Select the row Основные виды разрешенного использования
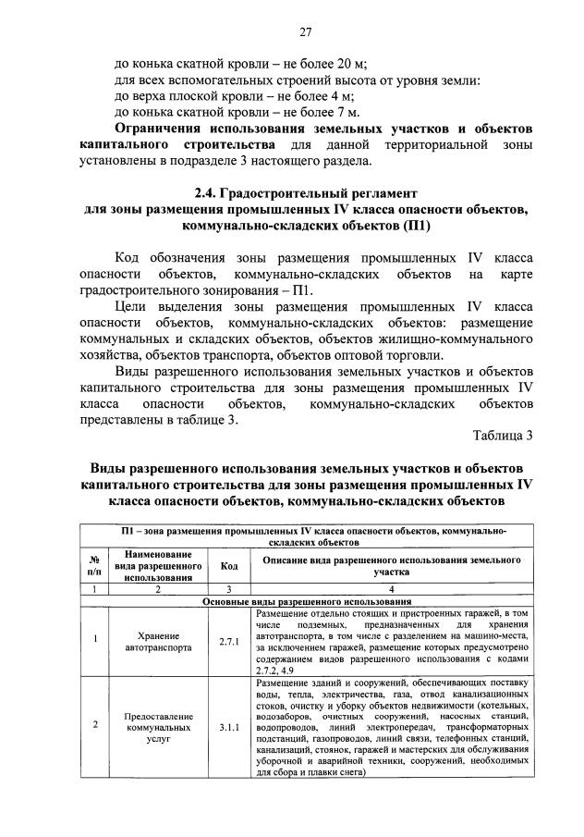click(x=307, y=600)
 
